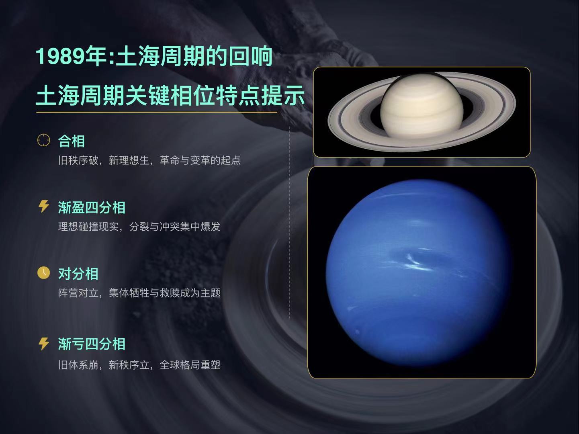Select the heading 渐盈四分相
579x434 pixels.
point(92,207)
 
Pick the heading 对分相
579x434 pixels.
point(78,274)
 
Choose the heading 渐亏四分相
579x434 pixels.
point(92,344)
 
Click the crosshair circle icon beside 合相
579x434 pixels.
point(43,140)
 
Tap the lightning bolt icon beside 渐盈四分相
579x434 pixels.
point(43,206)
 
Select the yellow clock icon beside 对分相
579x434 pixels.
point(43,272)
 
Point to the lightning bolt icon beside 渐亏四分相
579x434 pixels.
point(43,344)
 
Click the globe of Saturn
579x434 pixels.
point(421,106)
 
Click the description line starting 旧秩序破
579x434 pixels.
point(149,160)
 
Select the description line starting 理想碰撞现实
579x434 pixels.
point(139,227)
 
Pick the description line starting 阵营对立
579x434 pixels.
point(139,293)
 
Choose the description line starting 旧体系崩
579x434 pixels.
point(139,365)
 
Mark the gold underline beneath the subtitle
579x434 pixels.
point(156,113)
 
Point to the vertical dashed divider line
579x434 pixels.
point(289,221)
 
